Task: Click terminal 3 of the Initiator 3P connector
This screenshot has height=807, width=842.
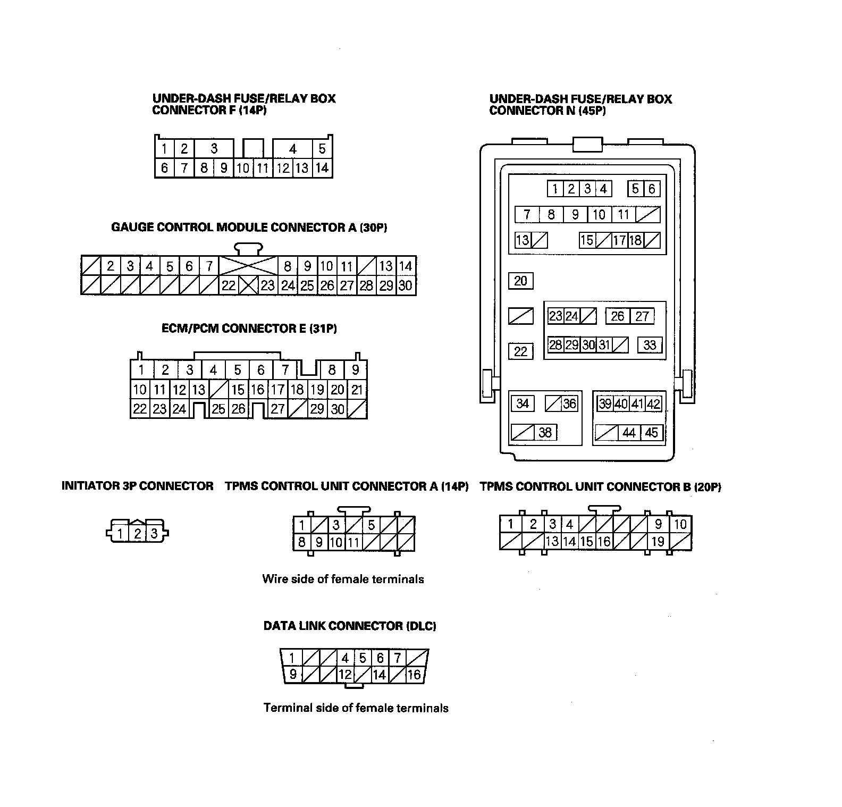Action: [154, 533]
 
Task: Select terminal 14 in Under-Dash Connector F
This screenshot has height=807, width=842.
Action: [322, 169]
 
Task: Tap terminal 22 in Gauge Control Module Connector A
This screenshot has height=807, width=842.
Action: [229, 285]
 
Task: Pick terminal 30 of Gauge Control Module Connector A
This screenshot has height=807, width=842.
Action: [406, 285]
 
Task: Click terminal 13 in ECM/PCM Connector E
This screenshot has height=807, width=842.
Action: [199, 390]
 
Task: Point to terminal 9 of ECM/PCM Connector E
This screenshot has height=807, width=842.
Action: [356, 369]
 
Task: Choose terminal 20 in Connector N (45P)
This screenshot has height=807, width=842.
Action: [520, 281]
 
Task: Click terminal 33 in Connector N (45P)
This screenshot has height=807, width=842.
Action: [650, 345]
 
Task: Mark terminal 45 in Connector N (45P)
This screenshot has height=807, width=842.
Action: [652, 433]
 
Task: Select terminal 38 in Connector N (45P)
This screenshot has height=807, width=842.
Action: [545, 433]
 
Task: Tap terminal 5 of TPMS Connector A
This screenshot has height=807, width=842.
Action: [371, 525]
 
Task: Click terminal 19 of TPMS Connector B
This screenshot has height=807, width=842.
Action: [658, 542]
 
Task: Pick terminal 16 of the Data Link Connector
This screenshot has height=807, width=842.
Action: [414, 675]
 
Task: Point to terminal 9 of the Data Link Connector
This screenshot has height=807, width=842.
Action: [293, 675]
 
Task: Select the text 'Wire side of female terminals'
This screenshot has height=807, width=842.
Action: [343, 579]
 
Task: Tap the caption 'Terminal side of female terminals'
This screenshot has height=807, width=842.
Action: [356, 708]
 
